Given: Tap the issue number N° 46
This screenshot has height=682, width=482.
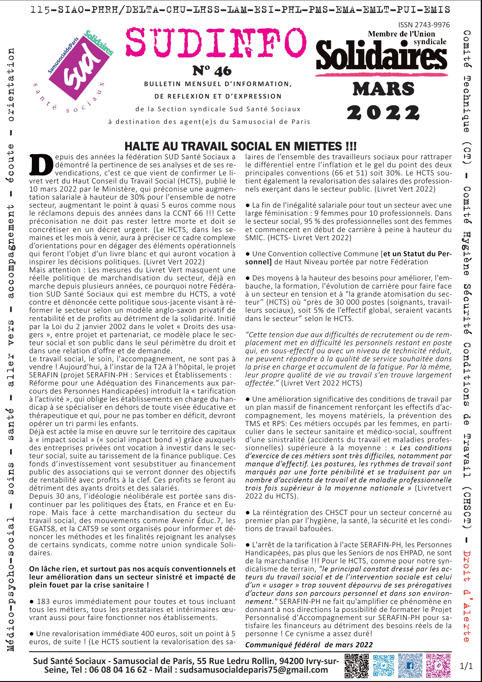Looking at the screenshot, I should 212,71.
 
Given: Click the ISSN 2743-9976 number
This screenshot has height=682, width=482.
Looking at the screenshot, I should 424,25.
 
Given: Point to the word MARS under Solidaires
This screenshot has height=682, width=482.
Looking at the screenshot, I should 383,89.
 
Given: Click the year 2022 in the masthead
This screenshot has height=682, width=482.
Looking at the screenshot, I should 383,113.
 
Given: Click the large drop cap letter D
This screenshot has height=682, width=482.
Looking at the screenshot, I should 41,165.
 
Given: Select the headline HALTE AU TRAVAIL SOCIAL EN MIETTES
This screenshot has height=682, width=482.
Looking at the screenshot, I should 240,146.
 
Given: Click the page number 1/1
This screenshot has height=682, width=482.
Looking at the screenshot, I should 466,666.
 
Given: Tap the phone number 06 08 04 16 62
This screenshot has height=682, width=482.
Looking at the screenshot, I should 118,670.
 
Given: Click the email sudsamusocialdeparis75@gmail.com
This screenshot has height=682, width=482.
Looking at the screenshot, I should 254,670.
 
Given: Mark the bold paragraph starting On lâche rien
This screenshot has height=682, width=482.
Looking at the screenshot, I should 132,577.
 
